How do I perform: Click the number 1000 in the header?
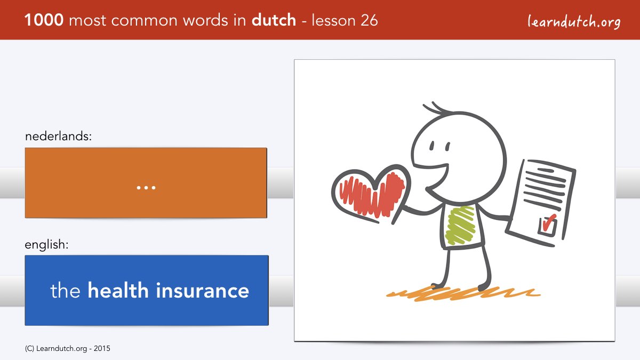pyautogui.click(x=44, y=20)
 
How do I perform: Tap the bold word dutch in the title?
pyautogui.click(x=274, y=20)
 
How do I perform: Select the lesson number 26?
pyautogui.click(x=369, y=20)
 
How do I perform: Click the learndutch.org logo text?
pyautogui.click(x=574, y=22)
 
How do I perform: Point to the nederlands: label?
pyautogui.click(x=58, y=136)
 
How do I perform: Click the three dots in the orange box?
pyautogui.click(x=146, y=188)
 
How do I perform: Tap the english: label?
pyautogui.click(x=46, y=245)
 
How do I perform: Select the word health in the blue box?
pyautogui.click(x=118, y=290)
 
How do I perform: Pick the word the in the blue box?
pyautogui.click(x=65, y=290)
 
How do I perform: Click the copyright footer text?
pyautogui.click(x=67, y=349)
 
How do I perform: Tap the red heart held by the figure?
pyautogui.click(x=371, y=194)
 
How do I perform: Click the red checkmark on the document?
pyautogui.click(x=549, y=222)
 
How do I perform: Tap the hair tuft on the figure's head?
pyautogui.click(x=437, y=109)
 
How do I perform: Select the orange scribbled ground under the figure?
pyautogui.click(x=463, y=293)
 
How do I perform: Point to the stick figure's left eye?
pyautogui.click(x=432, y=146)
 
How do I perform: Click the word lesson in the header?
pyautogui.click(x=333, y=20)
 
